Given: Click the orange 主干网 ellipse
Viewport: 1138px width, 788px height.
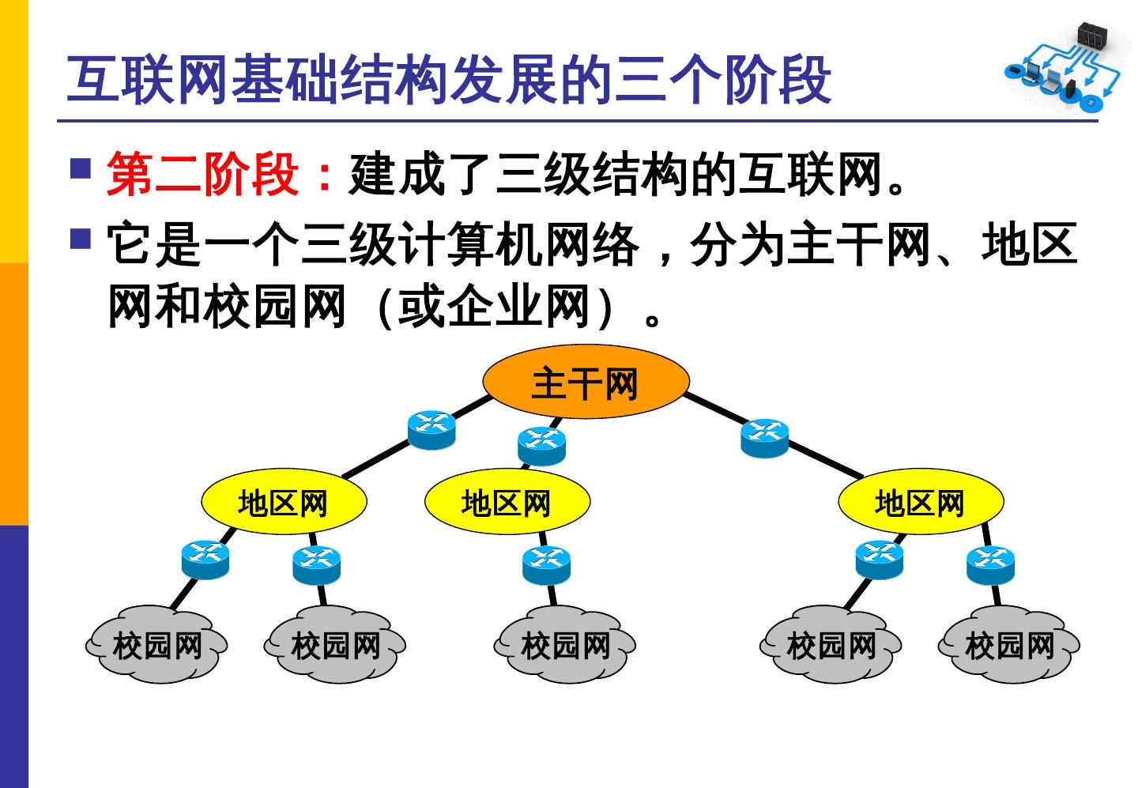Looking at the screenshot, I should click(585, 383).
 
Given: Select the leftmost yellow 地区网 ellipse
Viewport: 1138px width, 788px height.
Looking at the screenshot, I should click(284, 503).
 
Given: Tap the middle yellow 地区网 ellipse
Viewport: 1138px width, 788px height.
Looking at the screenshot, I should click(507, 503).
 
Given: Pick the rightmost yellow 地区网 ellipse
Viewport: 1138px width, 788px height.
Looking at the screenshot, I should click(921, 503).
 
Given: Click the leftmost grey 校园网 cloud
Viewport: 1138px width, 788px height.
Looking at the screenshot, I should click(157, 645).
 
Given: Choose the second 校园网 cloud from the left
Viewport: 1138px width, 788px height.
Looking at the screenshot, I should click(336, 645).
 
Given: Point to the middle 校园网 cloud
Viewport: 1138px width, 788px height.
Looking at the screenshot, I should click(565, 645).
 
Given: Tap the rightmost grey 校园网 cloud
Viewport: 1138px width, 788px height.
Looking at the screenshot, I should click(1009, 645).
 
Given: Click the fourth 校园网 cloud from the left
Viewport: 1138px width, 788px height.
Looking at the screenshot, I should click(831, 645).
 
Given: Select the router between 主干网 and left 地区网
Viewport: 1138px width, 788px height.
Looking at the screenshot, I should click(431, 430).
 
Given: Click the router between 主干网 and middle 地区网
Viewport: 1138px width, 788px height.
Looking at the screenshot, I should click(541, 445).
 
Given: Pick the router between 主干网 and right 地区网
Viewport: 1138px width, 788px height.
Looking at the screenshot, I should click(764, 438).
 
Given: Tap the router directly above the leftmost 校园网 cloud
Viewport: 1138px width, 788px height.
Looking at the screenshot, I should click(205, 559).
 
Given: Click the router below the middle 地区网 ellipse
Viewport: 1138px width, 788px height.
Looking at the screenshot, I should click(546, 564).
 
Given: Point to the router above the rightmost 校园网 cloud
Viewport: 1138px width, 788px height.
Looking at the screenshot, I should click(989, 564).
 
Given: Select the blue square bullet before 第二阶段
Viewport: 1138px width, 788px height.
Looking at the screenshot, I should click(81, 168).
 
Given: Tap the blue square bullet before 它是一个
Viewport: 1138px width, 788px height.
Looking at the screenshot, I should click(81, 239).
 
